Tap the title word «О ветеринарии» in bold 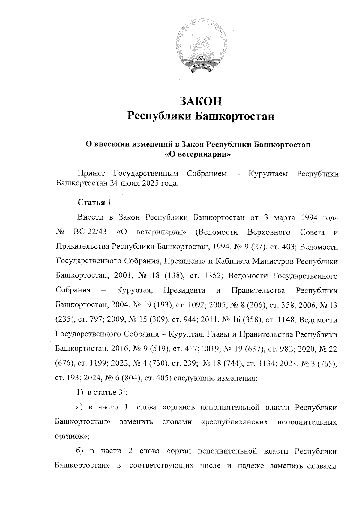pos(198,155)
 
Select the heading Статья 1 pos(94,202)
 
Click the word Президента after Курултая pos(184,291)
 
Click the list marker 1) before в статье pos(79,393)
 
